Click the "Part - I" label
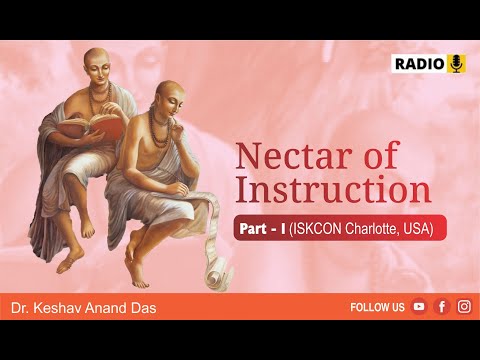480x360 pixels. click(x=261, y=229)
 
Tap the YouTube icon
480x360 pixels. click(x=419, y=307)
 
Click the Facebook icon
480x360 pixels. click(x=442, y=307)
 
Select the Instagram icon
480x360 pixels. click(x=464, y=307)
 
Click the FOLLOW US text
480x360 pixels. click(x=377, y=307)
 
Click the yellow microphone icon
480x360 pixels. click(x=457, y=63)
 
